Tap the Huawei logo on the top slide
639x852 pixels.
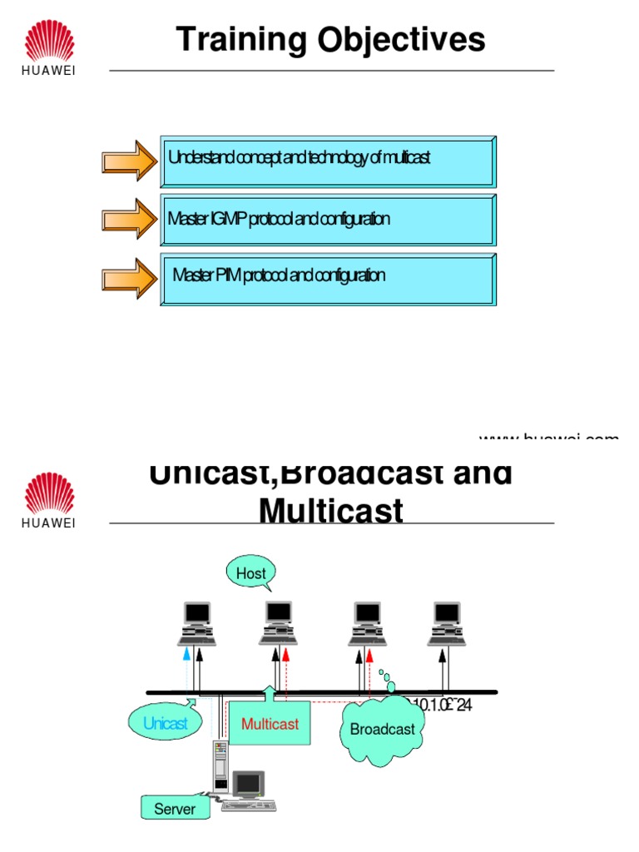click(48, 48)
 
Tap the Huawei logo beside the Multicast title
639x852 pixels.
click(48, 500)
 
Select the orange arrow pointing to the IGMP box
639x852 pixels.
click(129, 219)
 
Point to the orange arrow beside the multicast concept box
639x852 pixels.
click(129, 160)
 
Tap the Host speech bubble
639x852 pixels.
click(250, 573)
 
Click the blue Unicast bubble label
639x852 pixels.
click(165, 723)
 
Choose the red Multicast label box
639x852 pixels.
click(270, 723)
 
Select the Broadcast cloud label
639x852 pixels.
click(382, 730)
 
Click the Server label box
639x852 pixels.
click(175, 808)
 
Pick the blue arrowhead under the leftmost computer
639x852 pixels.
click(186, 655)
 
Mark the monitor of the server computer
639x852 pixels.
click(249, 784)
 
